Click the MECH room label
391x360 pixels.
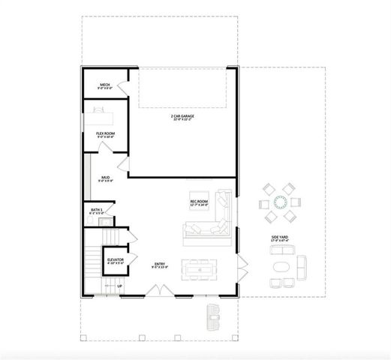coord(105,85)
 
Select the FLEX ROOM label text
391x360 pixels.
coord(105,135)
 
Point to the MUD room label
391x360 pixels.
coord(105,178)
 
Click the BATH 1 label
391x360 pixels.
coord(97,211)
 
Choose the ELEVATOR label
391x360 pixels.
coord(115,260)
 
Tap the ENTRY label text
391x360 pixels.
coord(160,265)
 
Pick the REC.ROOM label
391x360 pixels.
coord(198,202)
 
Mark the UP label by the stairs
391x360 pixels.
coord(119,286)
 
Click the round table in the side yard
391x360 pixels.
coord(280,202)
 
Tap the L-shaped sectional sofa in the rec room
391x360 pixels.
coord(214,221)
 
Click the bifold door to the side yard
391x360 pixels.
coord(242,263)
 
